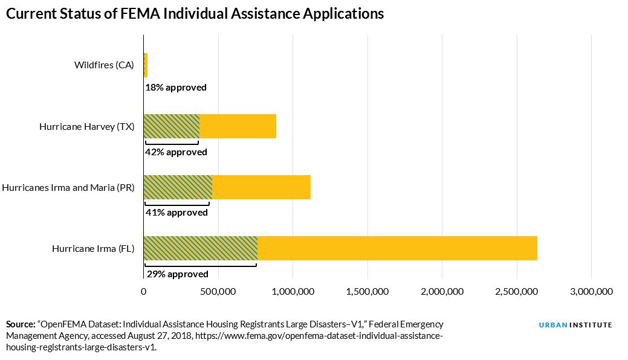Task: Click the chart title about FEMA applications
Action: point(195,14)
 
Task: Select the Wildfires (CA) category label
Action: point(104,65)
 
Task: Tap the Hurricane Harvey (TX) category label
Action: point(87,127)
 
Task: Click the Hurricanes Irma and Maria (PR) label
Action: point(68,187)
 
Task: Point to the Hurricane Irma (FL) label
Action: point(93,248)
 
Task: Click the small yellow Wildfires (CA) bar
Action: point(146,65)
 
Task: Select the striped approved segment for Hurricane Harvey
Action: point(172,126)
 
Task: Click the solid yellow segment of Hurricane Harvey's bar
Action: point(238,126)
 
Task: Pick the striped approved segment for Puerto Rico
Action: point(178,187)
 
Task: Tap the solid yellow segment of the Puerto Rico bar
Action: point(261,187)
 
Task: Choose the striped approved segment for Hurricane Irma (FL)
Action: point(200,248)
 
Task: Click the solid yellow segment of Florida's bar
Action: point(397,248)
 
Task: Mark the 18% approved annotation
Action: point(176,88)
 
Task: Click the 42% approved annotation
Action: point(176,152)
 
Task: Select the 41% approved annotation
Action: point(176,213)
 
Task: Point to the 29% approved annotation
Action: point(176,274)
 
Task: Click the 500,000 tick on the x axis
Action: point(218,292)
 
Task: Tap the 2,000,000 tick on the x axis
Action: point(442,292)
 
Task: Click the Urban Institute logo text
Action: point(575,325)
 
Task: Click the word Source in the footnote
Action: point(20,324)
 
